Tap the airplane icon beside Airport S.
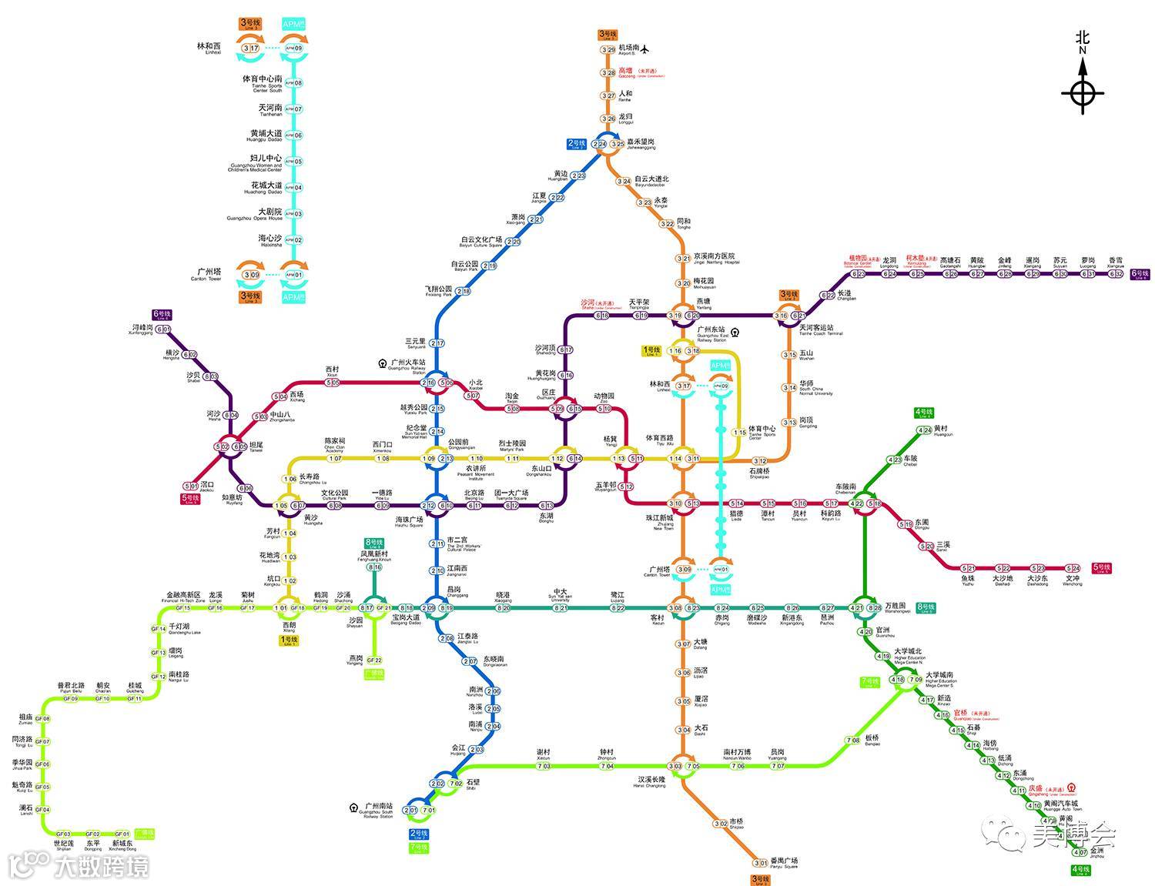[645, 48]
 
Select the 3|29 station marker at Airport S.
[608, 50]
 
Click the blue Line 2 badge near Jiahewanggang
[577, 144]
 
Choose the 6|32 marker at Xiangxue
[1115, 274]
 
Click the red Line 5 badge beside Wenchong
[1102, 568]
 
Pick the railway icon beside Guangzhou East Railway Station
[735, 333]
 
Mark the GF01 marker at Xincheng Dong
[122, 834]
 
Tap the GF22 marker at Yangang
[374, 660]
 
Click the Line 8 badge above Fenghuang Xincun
[374, 543]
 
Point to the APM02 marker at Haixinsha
[293, 240]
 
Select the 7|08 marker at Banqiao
[852, 741]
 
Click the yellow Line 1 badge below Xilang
[289, 640]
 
